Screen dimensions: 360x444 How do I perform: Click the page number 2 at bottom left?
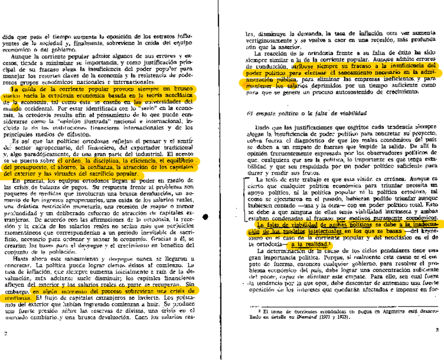5,333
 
